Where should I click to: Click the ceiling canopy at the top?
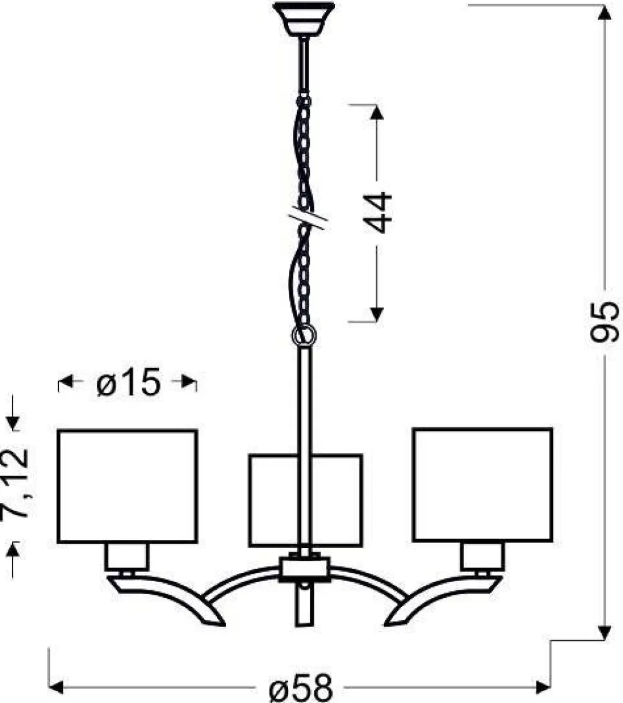(x=303, y=19)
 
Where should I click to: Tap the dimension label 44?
(x=377, y=212)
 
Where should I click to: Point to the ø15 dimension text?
(x=128, y=382)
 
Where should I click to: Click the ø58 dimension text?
(x=302, y=688)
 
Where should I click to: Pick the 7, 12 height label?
(x=15, y=483)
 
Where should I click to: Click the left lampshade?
(x=127, y=486)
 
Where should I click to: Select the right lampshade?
(x=483, y=485)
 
